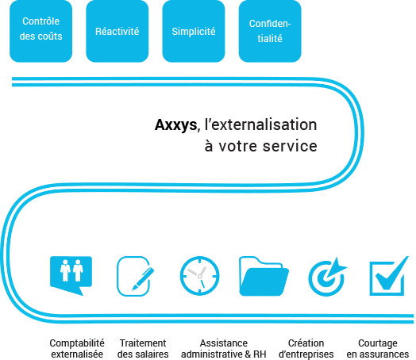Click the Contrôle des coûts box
(x=40, y=31)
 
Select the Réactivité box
(x=117, y=31)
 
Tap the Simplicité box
(x=194, y=31)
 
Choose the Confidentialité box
(x=270, y=31)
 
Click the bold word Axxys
(x=176, y=125)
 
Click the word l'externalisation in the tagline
(x=261, y=124)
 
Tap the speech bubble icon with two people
(x=71, y=276)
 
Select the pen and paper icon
(x=135, y=276)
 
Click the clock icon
(x=200, y=276)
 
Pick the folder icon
(x=264, y=276)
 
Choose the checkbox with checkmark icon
(x=389, y=276)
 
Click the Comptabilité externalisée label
(x=77, y=348)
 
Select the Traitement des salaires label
(x=143, y=348)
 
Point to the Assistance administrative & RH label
(x=224, y=348)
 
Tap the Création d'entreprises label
(x=306, y=348)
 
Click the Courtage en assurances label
(x=378, y=348)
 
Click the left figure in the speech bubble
(x=65, y=270)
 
